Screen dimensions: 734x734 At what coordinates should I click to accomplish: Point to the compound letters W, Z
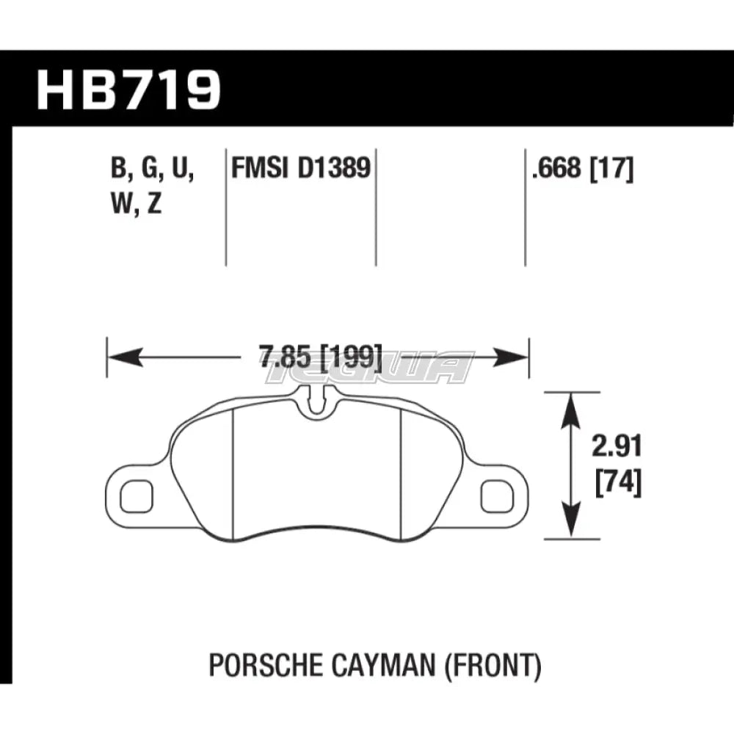137,206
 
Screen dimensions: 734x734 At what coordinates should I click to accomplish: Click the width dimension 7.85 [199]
320,358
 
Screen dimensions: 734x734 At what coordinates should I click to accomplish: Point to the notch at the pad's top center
317,399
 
